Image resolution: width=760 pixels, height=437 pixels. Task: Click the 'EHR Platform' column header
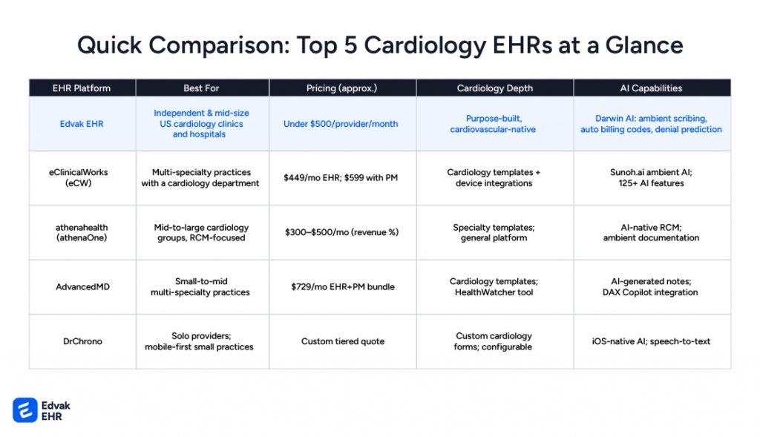82,88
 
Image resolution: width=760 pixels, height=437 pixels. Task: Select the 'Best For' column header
201,88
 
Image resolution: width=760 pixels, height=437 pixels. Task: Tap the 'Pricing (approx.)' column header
341,88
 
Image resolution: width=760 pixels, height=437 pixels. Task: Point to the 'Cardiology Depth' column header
494,88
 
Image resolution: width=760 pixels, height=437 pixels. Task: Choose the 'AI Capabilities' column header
651,88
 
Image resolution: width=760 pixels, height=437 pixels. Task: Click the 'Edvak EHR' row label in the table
82,124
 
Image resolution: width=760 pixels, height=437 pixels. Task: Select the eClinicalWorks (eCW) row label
82,178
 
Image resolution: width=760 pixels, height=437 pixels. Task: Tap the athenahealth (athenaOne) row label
82,232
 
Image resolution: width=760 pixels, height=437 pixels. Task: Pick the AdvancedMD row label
82,286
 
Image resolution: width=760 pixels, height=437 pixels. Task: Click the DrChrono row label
82,341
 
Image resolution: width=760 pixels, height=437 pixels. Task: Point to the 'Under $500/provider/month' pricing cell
341,124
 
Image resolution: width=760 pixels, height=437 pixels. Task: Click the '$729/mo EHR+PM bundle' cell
341,286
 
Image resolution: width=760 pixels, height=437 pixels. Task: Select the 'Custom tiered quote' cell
341,341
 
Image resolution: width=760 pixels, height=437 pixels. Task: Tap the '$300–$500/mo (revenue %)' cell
341,232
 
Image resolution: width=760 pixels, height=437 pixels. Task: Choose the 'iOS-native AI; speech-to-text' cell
651,341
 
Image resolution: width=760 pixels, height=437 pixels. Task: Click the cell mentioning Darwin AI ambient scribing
651,124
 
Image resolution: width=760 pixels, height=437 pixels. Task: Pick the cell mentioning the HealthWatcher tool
494,286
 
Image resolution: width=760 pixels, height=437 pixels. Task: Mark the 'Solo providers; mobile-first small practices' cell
201,341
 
